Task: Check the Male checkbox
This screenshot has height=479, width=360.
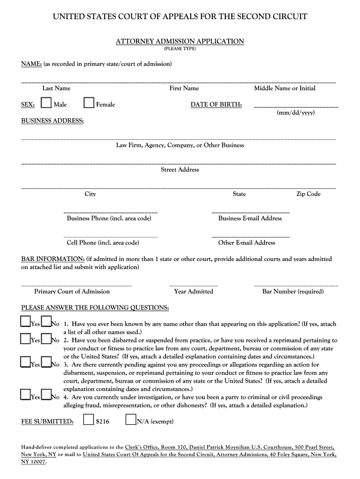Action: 46,103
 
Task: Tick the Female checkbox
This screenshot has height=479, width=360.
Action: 89,103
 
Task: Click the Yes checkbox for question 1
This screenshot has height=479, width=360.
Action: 26,321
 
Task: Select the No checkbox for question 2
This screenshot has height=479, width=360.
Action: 46,338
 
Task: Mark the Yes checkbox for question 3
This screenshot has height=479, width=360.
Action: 26,362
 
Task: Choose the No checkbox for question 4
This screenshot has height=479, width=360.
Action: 46,395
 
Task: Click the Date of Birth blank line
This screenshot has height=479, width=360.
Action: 295,107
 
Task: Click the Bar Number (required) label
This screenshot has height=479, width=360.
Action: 293,291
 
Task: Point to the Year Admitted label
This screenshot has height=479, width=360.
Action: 194,291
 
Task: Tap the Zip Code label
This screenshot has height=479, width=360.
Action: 308,194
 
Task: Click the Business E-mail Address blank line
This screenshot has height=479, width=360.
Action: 251,213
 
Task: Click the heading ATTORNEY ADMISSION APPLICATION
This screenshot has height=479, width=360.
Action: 180,42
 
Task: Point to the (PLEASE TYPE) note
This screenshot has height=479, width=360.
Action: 180,49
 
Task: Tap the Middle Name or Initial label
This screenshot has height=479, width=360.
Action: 284,88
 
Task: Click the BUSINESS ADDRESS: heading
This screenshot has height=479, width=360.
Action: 53,121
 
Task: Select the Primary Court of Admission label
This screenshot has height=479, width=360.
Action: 72,291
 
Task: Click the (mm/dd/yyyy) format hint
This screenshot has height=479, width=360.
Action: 295,113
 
